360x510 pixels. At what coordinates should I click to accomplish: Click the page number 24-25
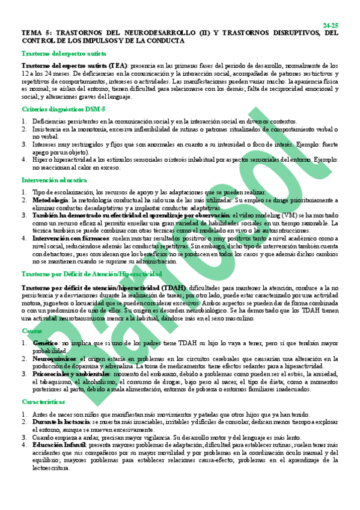[x=331, y=25]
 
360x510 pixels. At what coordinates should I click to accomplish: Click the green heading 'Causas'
[x=32, y=331]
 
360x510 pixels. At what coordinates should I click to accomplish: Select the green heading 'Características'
[x=42, y=401]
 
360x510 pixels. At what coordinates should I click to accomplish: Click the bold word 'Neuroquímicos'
[x=56, y=358]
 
